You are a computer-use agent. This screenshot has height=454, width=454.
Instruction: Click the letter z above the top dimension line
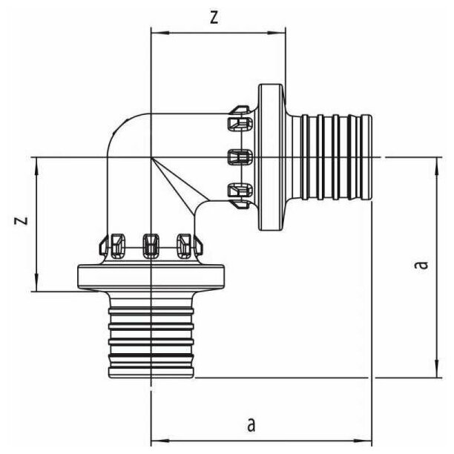tap(214, 19)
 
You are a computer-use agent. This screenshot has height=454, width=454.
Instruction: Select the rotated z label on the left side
tap(22, 220)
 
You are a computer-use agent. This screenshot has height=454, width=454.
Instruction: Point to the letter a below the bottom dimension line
tap(251, 424)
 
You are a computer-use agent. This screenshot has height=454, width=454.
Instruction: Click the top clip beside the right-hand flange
tap(239, 120)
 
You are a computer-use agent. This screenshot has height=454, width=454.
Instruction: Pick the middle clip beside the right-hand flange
tap(239, 157)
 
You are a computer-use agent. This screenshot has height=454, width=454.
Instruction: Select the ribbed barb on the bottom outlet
tap(151, 338)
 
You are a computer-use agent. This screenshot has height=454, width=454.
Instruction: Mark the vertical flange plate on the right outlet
tap(272, 157)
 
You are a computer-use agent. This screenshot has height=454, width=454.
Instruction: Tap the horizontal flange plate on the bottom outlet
tap(151, 276)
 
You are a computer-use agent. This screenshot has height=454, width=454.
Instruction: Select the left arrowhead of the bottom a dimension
tap(155, 438)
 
